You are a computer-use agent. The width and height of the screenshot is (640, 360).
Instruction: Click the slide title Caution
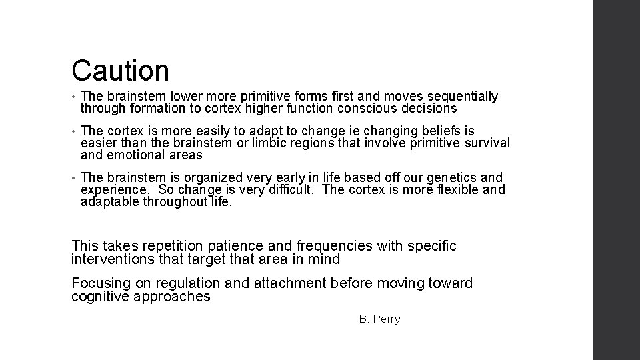point(121,70)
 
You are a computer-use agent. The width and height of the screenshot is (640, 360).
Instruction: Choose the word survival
point(487,143)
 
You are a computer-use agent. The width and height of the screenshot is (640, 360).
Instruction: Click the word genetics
point(455,177)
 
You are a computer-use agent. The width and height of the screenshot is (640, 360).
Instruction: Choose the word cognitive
point(101,297)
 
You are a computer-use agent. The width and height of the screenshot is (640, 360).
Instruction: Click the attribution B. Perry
point(379,319)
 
